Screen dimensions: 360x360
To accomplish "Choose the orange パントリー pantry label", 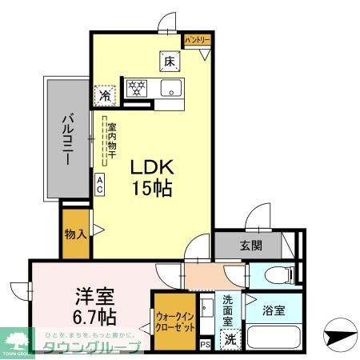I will coord(198,39).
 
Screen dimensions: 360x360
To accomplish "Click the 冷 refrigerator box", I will coord(105,94).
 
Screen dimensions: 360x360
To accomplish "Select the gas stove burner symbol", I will coord(136,87).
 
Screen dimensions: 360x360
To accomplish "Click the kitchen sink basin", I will coord(170,87).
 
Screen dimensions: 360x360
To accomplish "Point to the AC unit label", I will coord(99,185).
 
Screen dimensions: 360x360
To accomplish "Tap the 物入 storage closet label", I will coord(75,235).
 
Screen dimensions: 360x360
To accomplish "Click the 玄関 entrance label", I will coord(249,246).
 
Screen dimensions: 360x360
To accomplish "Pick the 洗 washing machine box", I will coord(230,338).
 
